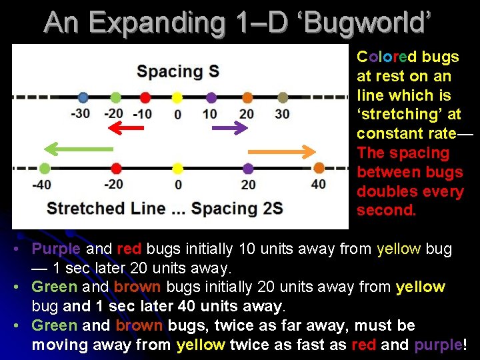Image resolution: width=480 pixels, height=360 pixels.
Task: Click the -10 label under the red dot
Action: pyautogui.click(x=143, y=113)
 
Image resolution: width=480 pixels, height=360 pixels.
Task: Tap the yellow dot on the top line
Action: pyautogui.click(x=177, y=98)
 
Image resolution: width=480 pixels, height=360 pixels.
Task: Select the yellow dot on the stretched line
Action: pyautogui.click(x=177, y=168)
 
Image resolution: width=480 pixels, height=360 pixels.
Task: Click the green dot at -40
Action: pyautogui.click(x=45, y=168)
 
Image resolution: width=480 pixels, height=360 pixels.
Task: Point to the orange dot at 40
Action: pyautogui.click(x=319, y=168)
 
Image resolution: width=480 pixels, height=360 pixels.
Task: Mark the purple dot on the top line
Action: pyautogui.click(x=211, y=98)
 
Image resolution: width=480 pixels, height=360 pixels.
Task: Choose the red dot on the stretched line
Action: pyautogui.click(x=116, y=168)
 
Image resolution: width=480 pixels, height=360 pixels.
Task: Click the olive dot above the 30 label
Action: pyautogui.click(x=282, y=98)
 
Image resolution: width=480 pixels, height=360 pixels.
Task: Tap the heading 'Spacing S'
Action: pyautogui.click(x=177, y=71)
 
